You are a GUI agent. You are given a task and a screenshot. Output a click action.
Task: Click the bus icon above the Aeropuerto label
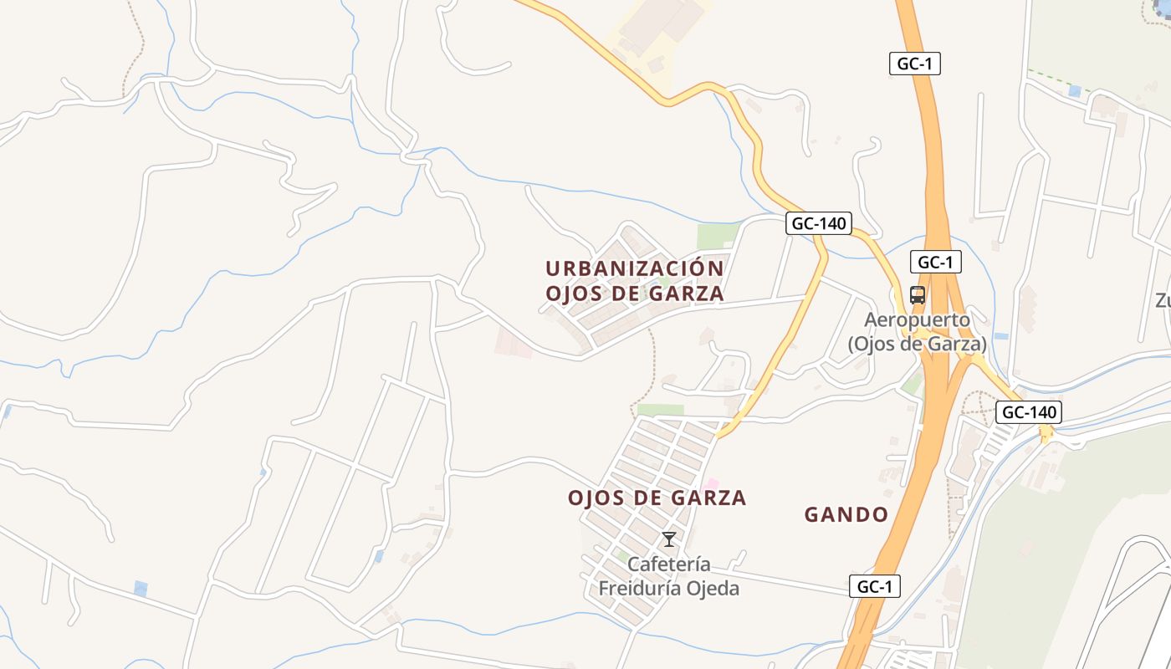(x=918, y=295)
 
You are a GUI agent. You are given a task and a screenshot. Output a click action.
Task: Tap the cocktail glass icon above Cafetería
(x=669, y=539)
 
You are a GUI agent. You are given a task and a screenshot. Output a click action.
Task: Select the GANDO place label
(x=846, y=514)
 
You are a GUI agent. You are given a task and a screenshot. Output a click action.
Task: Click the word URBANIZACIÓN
(x=635, y=268)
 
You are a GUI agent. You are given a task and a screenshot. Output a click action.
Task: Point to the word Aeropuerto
(x=917, y=319)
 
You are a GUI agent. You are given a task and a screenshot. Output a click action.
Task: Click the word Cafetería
(x=669, y=564)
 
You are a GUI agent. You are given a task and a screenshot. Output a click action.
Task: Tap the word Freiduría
(x=639, y=589)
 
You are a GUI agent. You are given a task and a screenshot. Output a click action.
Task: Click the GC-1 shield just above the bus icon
(x=935, y=262)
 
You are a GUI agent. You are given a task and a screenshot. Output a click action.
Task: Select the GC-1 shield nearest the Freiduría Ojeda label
(x=875, y=586)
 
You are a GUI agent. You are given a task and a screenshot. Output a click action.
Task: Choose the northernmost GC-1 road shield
(x=914, y=64)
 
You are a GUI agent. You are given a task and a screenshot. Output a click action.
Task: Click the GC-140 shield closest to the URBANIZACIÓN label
(x=819, y=223)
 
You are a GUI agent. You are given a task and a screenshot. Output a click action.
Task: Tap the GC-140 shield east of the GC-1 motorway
(x=1029, y=411)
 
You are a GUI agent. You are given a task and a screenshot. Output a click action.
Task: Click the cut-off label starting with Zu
(x=1163, y=300)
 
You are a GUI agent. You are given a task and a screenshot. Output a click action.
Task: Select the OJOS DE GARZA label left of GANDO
(x=657, y=498)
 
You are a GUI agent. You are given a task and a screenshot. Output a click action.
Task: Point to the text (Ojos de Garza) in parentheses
(x=917, y=343)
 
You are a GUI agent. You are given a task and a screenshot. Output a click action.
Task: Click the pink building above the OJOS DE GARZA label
(x=711, y=484)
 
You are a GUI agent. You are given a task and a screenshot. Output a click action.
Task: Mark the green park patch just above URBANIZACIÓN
(x=717, y=237)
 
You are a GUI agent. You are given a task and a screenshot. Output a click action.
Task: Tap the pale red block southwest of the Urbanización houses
(x=513, y=342)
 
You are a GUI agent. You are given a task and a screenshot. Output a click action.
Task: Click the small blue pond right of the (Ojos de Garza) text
(x=1002, y=336)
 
